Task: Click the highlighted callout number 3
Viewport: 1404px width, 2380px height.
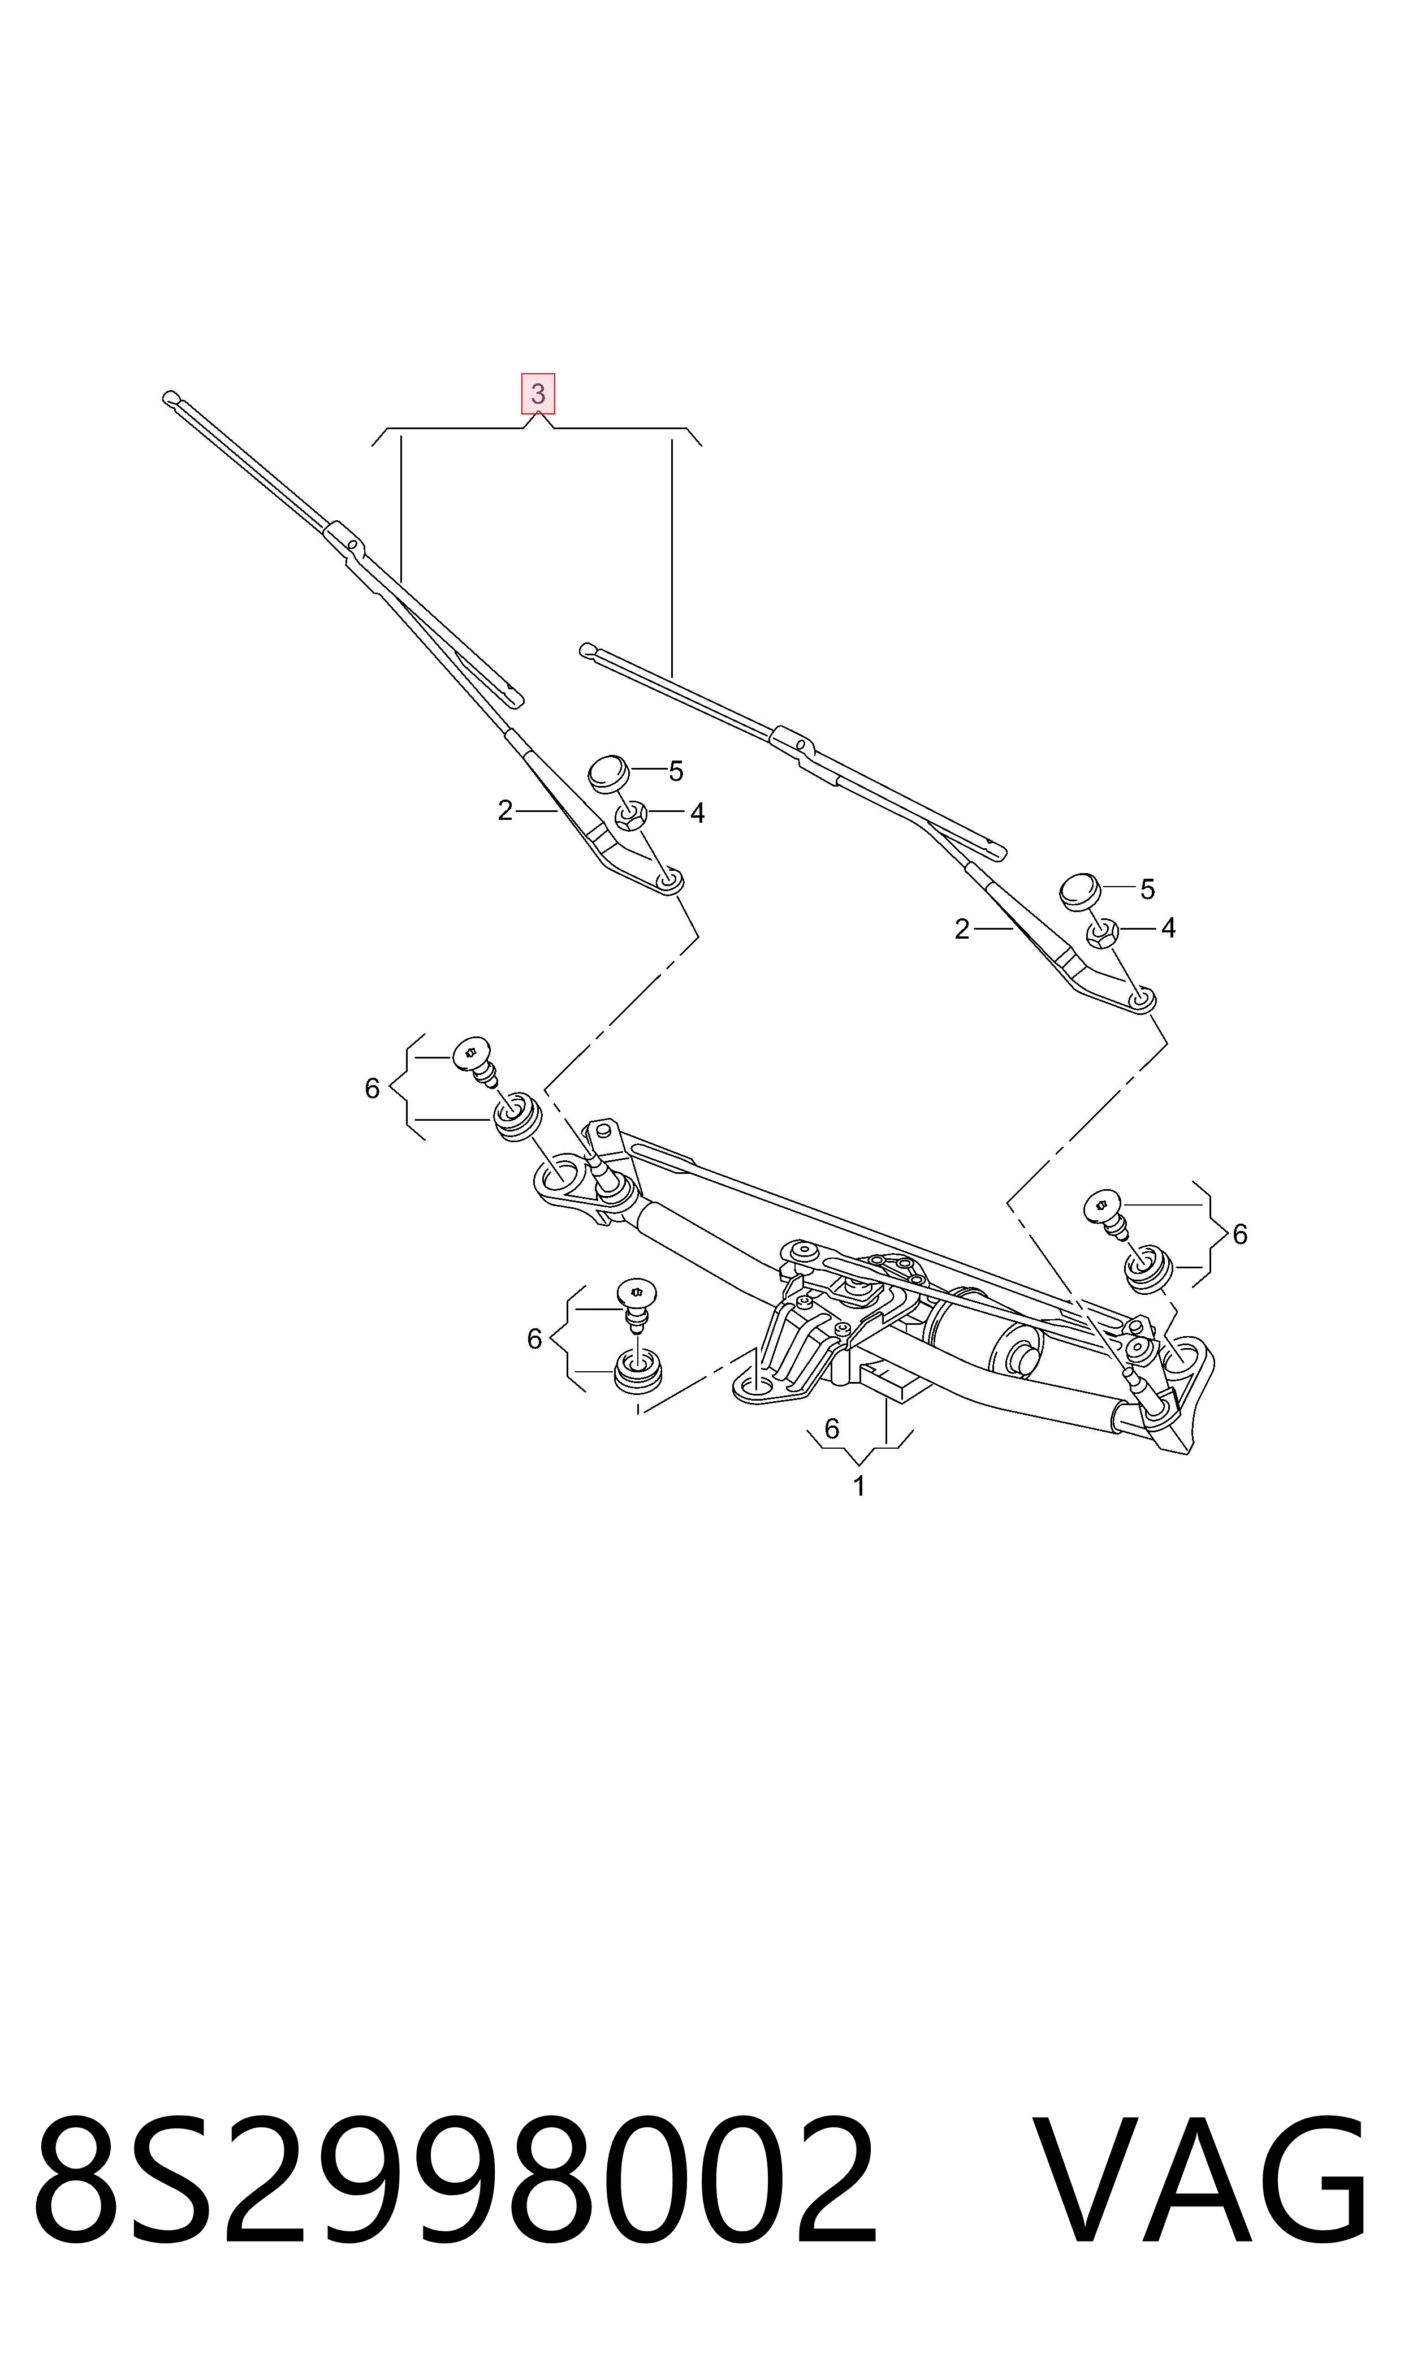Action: (537, 394)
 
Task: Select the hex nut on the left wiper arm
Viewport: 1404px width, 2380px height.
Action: (631, 814)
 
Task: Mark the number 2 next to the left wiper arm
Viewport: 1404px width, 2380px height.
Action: (505, 811)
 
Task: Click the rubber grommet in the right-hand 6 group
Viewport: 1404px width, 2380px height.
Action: (1148, 1268)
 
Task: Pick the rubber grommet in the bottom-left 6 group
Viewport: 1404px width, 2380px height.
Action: (638, 1372)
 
